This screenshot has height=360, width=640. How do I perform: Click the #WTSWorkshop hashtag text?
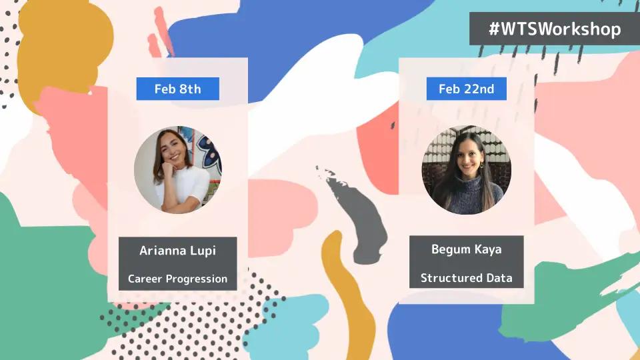pyautogui.click(x=555, y=29)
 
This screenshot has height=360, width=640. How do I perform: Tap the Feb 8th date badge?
pyautogui.click(x=177, y=89)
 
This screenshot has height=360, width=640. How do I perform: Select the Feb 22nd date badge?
pyautogui.click(x=467, y=89)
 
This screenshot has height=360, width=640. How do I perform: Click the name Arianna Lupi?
pyautogui.click(x=177, y=250)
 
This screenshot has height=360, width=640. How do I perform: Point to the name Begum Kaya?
pyautogui.click(x=467, y=249)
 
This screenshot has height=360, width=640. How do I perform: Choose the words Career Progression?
pyautogui.click(x=177, y=279)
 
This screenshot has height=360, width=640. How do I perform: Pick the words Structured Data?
pyautogui.click(x=467, y=278)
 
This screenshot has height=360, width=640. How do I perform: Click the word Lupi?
pyautogui.click(x=203, y=251)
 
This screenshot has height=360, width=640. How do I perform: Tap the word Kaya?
pyautogui.click(x=488, y=249)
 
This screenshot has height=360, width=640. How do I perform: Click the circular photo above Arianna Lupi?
pyautogui.click(x=178, y=169)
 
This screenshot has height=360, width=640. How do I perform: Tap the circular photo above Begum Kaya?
pyautogui.click(x=467, y=169)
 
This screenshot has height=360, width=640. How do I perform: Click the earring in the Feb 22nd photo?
pyautogui.click(x=481, y=165)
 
